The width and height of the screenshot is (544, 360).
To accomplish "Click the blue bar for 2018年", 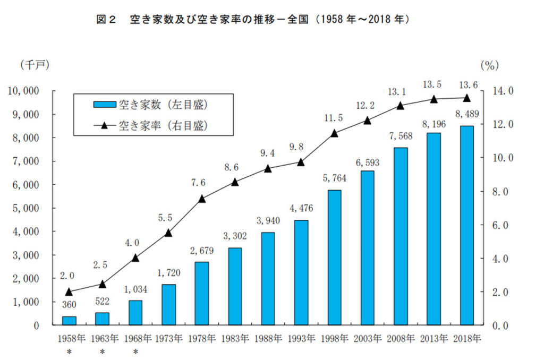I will point(466,225).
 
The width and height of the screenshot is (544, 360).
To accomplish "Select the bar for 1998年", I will point(334,258).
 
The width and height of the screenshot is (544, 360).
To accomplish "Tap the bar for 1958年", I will point(69,321).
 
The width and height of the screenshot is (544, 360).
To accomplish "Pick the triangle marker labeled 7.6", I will point(202,199).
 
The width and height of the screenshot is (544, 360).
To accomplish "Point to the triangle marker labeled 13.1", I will point(401,106).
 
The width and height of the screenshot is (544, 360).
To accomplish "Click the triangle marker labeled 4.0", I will point(135,258).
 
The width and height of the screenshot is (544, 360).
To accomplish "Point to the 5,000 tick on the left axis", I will point(25,208).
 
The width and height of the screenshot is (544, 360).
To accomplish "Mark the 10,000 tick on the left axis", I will point(23,91).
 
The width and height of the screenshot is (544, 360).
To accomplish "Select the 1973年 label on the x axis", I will point(168,338).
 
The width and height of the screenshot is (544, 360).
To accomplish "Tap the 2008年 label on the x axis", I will point(401,338).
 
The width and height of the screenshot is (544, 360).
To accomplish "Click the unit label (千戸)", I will point(35,65).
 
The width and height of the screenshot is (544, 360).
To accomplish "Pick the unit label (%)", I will point(489,66).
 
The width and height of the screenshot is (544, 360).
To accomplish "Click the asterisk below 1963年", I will point(103,352).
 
